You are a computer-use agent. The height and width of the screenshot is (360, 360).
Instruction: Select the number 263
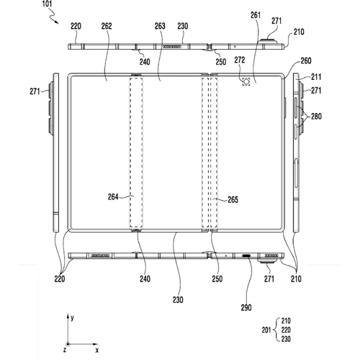click(x=159, y=25)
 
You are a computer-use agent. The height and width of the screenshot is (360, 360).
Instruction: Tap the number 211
click(x=317, y=76)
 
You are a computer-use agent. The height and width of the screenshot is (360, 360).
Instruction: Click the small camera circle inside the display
click(x=246, y=82)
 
